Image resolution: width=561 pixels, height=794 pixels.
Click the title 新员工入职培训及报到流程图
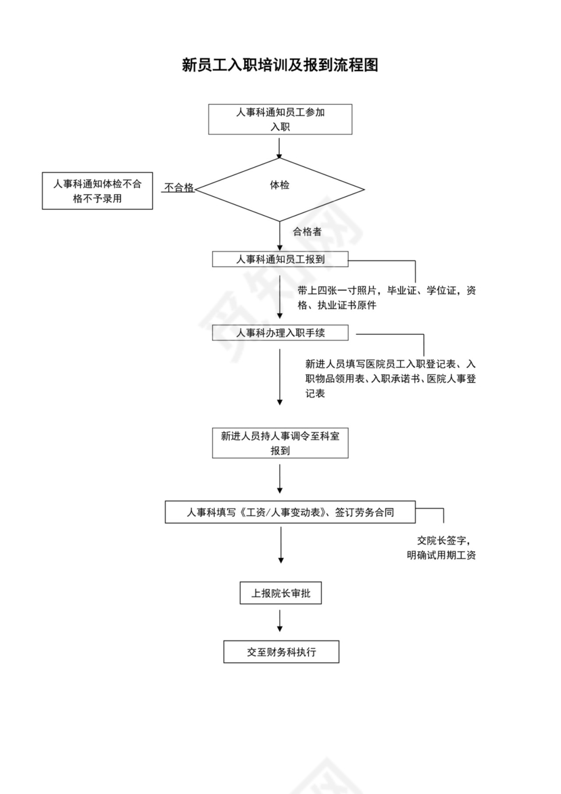(x=280, y=65)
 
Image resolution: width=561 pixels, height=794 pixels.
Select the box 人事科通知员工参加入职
(x=280, y=120)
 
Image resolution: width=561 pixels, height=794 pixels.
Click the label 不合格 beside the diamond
(x=178, y=188)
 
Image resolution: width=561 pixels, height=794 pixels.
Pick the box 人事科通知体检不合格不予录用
(x=97, y=190)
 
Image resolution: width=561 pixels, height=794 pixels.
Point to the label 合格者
(x=307, y=231)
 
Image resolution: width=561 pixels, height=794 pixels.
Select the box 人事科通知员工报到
(x=280, y=259)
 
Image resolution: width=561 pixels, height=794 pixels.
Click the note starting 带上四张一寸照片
(x=387, y=298)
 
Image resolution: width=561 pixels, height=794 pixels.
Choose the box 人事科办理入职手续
(x=280, y=333)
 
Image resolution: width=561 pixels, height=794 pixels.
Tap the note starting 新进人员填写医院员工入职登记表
(x=391, y=378)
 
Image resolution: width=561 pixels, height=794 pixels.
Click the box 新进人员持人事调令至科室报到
(x=280, y=443)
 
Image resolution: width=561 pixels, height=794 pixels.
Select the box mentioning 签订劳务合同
(x=291, y=513)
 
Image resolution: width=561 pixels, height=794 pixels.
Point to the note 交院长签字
(x=443, y=540)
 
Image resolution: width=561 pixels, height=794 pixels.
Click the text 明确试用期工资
(x=441, y=556)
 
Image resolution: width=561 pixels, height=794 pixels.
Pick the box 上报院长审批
(x=280, y=594)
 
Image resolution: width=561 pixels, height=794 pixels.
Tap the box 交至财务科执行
(x=281, y=653)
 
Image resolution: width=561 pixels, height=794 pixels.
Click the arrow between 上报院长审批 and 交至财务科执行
(x=280, y=620)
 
